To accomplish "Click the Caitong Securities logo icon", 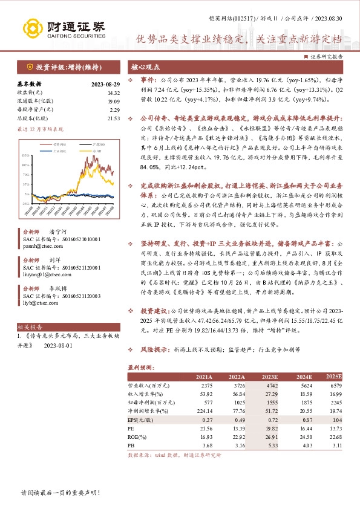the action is (31, 28).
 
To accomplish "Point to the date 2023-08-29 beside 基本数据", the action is (106, 84).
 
